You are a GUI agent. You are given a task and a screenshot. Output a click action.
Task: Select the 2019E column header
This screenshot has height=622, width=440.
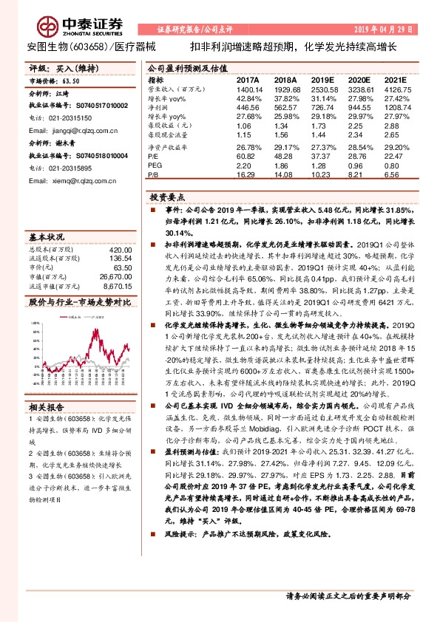click(x=323, y=79)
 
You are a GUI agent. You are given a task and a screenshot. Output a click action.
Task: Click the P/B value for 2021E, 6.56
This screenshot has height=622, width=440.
click(x=394, y=175)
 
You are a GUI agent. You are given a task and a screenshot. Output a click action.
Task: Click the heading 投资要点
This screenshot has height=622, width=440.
click(x=164, y=199)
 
